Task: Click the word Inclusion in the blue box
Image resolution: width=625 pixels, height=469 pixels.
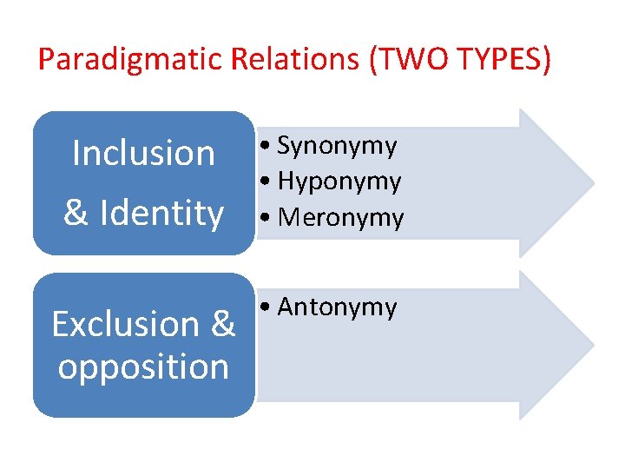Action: [143, 154]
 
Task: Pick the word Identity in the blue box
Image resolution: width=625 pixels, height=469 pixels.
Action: [162, 213]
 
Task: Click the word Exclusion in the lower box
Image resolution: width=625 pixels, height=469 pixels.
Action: [126, 324]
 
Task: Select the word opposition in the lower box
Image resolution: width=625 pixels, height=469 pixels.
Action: [143, 367]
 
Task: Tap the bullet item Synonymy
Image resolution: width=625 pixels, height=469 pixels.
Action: [337, 147]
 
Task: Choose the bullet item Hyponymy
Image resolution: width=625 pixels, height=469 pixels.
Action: [339, 182]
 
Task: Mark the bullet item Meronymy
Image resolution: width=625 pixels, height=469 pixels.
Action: [340, 218]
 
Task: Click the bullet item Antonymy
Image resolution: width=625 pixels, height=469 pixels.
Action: [337, 307]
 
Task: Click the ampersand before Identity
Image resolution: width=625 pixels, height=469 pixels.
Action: [76, 213]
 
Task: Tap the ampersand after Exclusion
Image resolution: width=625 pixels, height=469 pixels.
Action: [222, 324]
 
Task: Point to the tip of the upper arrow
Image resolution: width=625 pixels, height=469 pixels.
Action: [593, 183]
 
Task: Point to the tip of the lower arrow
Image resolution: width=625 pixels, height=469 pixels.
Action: [593, 346]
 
